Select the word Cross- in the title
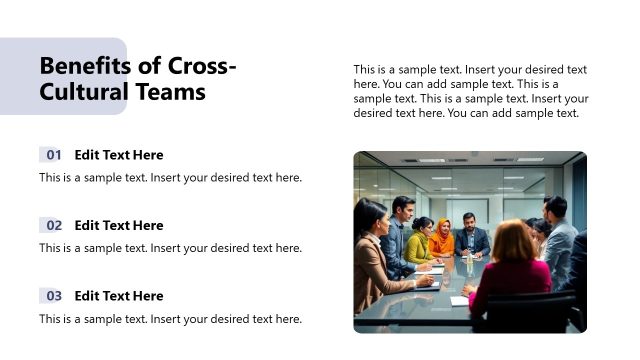point(202,67)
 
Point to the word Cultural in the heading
point(84,92)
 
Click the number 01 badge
point(53,155)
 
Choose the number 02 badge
point(53,225)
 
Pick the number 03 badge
point(53,296)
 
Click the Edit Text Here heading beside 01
point(119,155)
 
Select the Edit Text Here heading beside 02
point(119,225)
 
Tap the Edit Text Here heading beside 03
point(119,296)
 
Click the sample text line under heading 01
point(170,178)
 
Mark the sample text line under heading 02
point(170,248)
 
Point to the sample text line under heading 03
point(170,319)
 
